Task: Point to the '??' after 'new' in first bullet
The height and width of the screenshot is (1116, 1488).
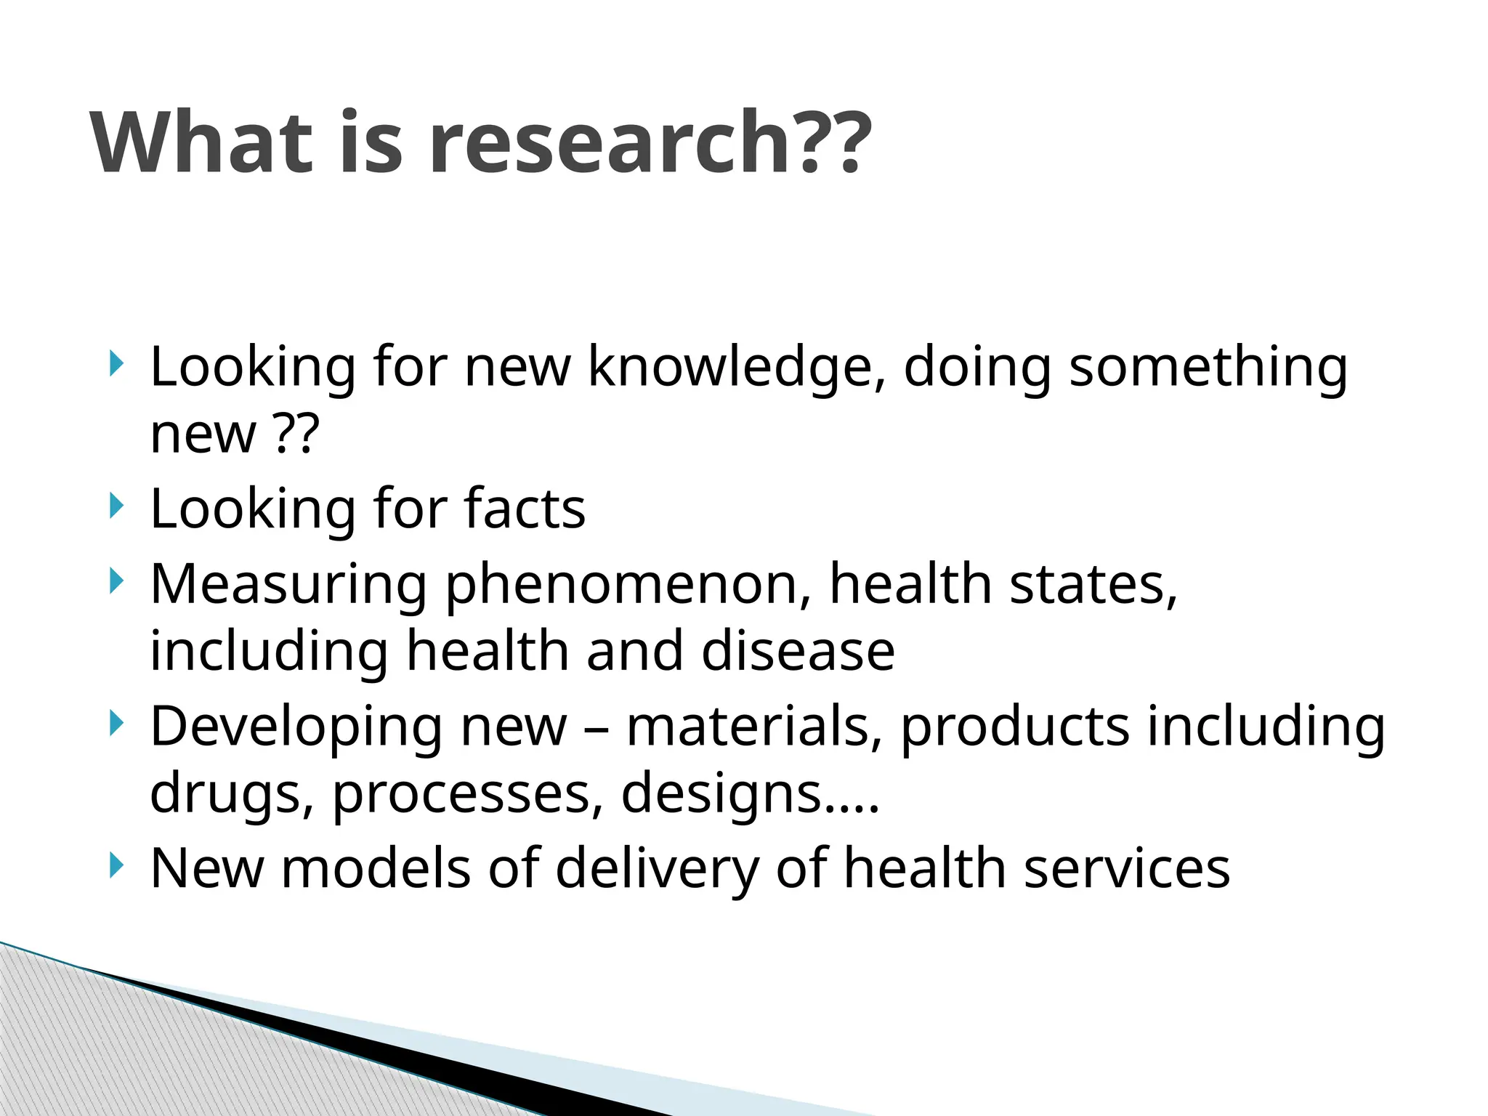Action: pyautogui.click(x=298, y=434)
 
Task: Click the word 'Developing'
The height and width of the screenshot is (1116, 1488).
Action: pyautogui.click(x=296, y=727)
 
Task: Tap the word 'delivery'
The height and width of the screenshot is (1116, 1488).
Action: pyautogui.click(x=657, y=868)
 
